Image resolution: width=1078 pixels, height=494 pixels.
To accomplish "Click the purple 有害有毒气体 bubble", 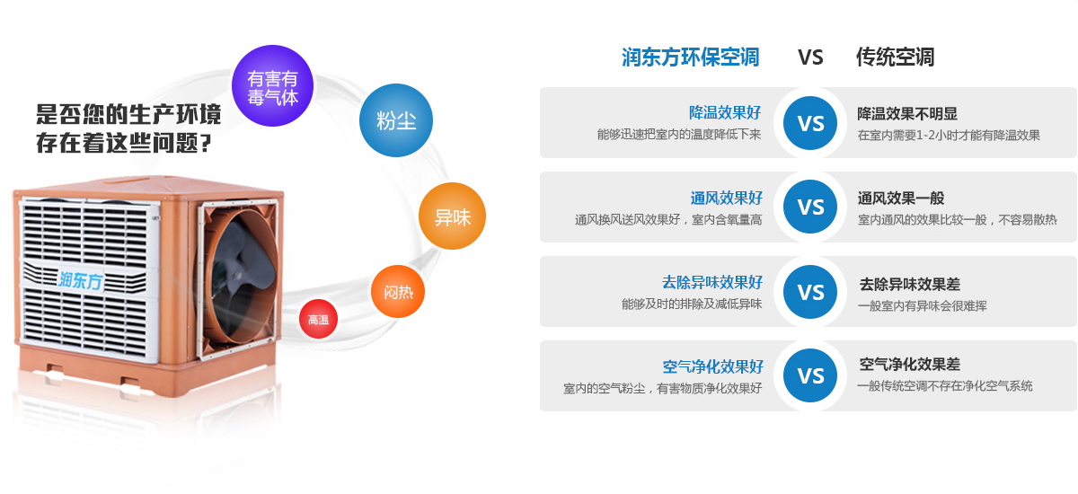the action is click(x=273, y=86).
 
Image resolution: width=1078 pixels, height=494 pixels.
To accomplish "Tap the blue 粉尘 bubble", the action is click(x=396, y=120).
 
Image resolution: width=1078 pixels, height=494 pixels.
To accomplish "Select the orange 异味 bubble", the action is click(x=453, y=216).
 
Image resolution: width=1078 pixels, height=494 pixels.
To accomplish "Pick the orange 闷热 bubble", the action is click(x=398, y=292).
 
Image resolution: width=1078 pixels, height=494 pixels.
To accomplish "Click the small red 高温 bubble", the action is click(x=318, y=319).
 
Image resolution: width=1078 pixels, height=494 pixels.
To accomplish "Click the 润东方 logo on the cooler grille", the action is click(x=81, y=280).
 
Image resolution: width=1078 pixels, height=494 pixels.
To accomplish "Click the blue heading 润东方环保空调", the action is click(x=691, y=57).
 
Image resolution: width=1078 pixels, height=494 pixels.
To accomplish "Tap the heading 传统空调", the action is click(x=895, y=57).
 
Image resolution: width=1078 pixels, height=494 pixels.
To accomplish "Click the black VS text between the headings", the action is click(x=811, y=57).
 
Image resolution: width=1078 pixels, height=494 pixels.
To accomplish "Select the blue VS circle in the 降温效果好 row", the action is click(x=810, y=123).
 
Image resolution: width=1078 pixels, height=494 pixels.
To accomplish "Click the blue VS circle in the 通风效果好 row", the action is click(x=810, y=207).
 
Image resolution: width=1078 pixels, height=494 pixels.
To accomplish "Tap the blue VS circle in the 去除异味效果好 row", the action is click(x=810, y=292).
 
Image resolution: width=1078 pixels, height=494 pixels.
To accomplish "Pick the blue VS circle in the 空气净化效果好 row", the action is click(x=810, y=375).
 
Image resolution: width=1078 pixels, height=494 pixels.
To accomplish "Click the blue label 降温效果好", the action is click(x=725, y=112).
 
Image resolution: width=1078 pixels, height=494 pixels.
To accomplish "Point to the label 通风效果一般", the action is click(x=901, y=198).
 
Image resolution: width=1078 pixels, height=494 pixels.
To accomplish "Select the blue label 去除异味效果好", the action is click(x=712, y=282).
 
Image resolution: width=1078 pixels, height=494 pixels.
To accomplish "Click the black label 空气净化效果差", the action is click(x=909, y=364).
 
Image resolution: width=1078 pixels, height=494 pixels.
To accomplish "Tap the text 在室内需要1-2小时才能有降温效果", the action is click(x=949, y=135).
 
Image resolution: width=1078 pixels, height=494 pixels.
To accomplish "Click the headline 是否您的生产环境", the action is click(x=128, y=114).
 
